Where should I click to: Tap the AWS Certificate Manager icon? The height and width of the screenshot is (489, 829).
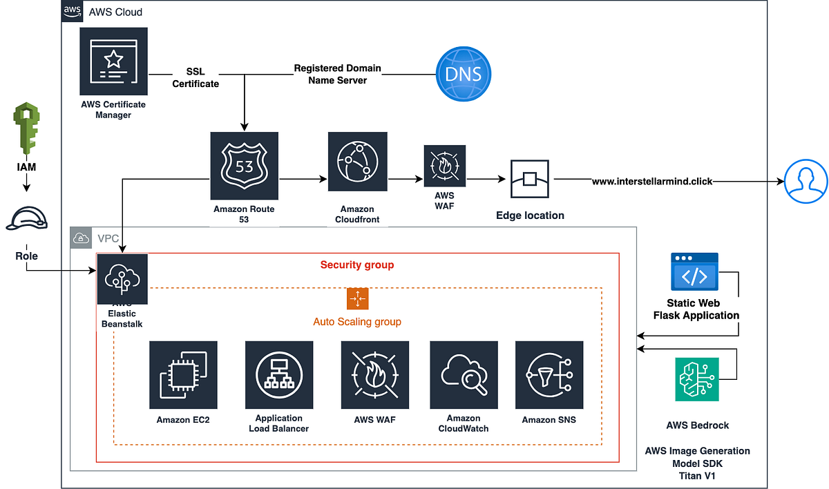coord(114,61)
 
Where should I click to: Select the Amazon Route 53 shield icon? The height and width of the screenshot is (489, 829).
coord(244,166)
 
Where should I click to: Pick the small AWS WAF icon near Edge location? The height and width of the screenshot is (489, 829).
coord(445,166)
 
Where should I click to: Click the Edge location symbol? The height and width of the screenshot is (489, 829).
coord(530,180)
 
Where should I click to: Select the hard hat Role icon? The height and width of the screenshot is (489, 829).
coord(26,218)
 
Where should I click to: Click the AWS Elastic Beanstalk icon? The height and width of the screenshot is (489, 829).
coord(122,278)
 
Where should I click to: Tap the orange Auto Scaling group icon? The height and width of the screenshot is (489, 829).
coord(357,298)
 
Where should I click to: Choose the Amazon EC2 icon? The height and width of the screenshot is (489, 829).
coord(183,375)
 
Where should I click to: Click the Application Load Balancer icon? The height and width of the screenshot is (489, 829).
coord(279,375)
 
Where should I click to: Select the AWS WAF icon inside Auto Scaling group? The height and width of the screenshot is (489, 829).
coord(374,375)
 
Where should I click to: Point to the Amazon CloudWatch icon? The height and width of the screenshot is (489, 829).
coord(463,375)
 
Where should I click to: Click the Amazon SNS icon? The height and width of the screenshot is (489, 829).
coord(549,375)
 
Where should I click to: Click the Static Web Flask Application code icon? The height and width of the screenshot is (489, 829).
coord(694,271)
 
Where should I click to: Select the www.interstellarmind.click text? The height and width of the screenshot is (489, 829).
coord(652,182)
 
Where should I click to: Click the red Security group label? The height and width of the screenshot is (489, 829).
coord(357,265)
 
